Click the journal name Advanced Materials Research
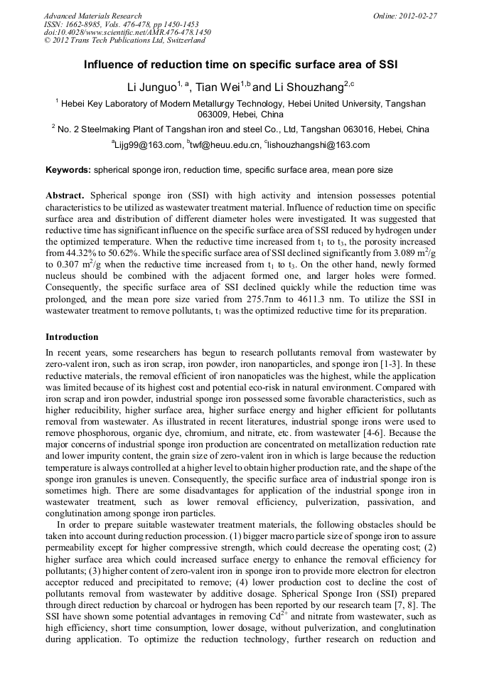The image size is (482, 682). [92, 16]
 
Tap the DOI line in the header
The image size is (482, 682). [127, 33]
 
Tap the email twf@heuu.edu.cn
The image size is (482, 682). [226, 145]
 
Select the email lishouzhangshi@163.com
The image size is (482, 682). [319, 145]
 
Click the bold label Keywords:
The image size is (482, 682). [68, 171]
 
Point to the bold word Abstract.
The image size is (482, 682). [65, 195]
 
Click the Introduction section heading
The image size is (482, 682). [72, 336]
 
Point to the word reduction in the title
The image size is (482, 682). [165, 65]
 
